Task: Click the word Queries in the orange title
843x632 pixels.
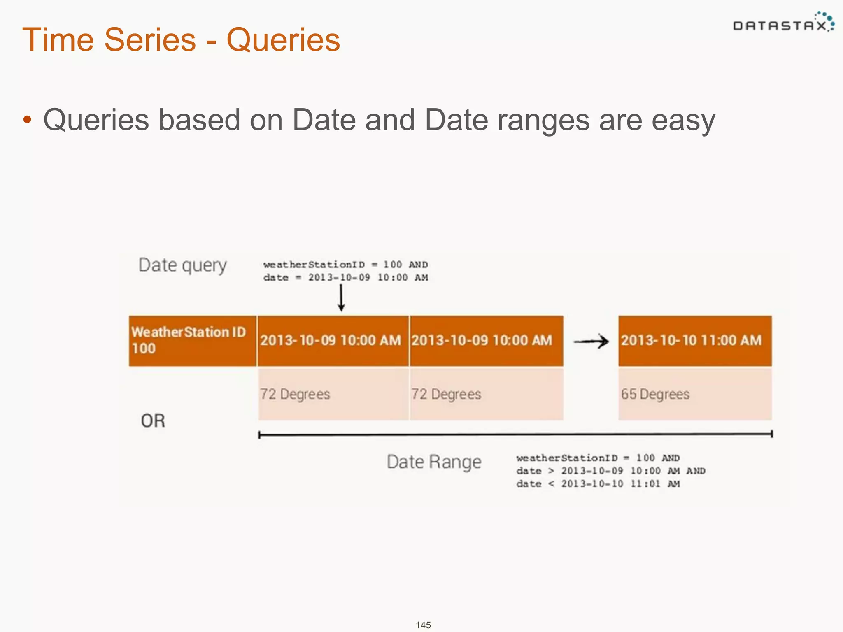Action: click(283, 40)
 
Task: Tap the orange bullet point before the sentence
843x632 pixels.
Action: click(27, 120)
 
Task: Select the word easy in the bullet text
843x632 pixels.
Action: click(683, 120)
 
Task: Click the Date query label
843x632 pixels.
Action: click(182, 265)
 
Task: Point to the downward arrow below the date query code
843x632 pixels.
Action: click(341, 298)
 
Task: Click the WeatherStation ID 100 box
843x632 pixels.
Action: click(192, 341)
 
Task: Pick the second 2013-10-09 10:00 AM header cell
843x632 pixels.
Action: click(486, 341)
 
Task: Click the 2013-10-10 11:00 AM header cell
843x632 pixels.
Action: click(694, 341)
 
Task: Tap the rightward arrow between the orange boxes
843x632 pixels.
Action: click(591, 341)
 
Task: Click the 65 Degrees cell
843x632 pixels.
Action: click(694, 394)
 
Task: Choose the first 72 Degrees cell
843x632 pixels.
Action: click(333, 394)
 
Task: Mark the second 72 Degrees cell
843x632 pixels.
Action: click(486, 394)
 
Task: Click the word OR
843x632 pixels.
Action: click(153, 421)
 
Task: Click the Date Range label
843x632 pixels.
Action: click(434, 462)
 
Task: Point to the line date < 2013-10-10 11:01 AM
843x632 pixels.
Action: click(598, 484)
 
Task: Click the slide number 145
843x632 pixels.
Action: click(423, 625)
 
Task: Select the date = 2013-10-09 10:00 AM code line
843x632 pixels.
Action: click(346, 278)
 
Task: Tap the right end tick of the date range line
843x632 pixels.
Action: click(772, 434)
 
